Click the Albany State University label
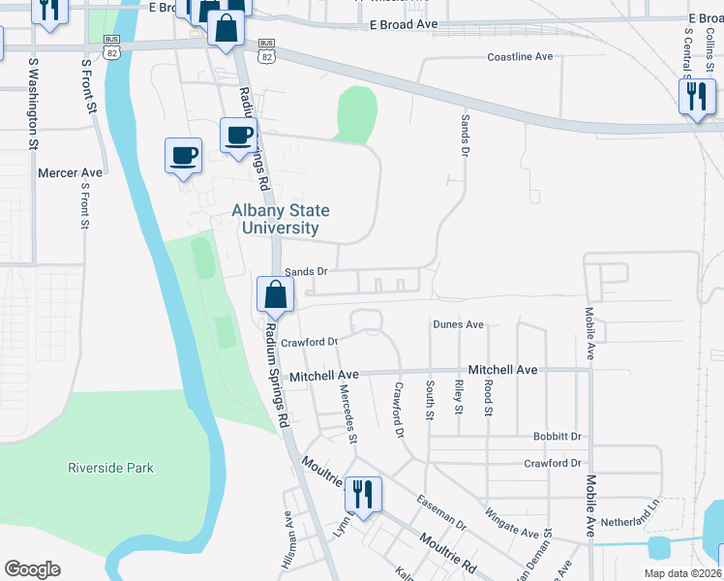280,219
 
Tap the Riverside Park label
110,468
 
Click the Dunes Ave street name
458,324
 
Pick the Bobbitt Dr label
557,437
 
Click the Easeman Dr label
440,512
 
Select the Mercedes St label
347,413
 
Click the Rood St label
489,398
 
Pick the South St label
430,400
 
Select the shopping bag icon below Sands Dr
276,295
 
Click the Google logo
32,569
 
